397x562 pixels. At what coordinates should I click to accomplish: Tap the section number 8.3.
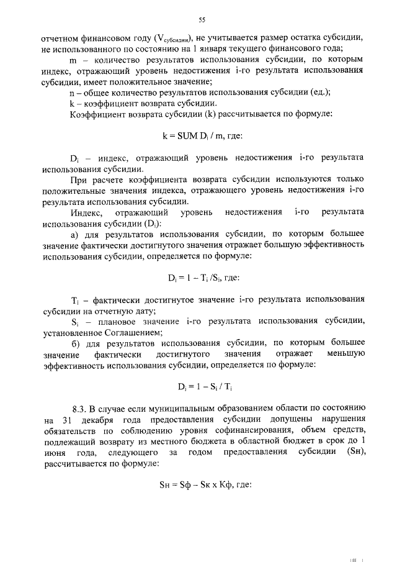(x=79, y=408)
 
